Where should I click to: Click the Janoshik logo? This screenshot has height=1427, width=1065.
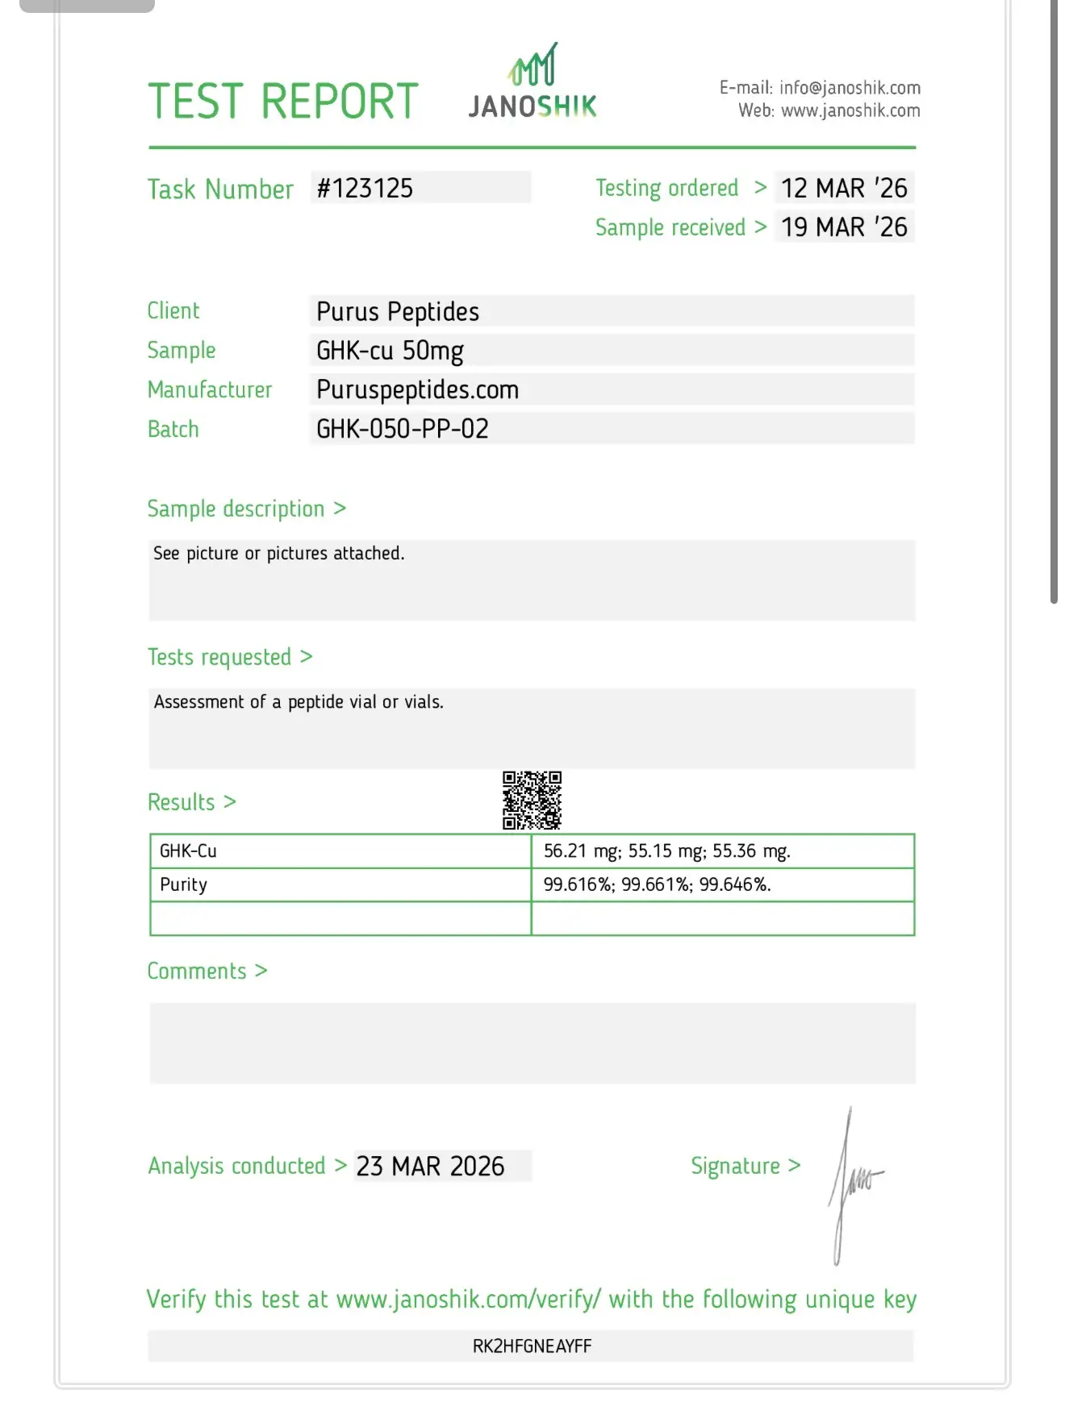(x=532, y=82)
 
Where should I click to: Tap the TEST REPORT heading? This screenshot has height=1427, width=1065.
(x=283, y=102)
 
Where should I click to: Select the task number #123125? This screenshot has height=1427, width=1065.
(x=365, y=189)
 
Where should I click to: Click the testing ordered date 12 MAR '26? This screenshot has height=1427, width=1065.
(x=844, y=189)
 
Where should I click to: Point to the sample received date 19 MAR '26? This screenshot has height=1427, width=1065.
(x=844, y=227)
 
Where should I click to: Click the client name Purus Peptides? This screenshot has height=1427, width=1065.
(x=398, y=312)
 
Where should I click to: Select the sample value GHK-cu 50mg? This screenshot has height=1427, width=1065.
(x=390, y=351)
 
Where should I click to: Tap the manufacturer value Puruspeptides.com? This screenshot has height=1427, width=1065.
(x=417, y=390)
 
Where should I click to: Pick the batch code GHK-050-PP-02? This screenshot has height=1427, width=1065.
(x=403, y=429)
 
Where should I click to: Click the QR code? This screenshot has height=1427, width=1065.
(x=532, y=801)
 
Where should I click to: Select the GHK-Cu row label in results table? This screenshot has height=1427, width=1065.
(x=189, y=851)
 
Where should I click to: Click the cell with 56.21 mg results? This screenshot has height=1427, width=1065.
(x=667, y=851)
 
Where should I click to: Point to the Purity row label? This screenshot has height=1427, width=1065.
(x=184, y=885)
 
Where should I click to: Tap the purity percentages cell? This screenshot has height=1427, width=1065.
(x=658, y=885)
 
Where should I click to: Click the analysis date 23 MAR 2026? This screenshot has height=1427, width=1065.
(x=431, y=1167)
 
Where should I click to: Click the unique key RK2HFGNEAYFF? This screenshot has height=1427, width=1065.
(x=532, y=1346)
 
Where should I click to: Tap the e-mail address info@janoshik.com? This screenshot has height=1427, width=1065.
(x=850, y=88)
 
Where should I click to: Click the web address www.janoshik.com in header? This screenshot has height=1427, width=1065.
(x=850, y=110)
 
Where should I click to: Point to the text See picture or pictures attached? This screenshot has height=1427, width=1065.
(x=279, y=554)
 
